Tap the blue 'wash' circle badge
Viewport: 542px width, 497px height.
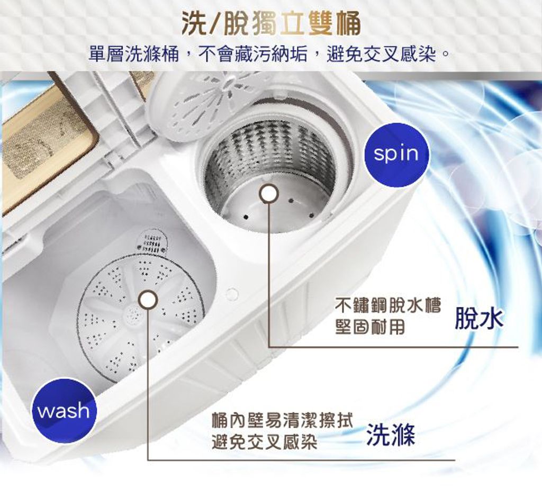[64, 411]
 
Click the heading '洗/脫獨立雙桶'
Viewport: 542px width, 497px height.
[272, 24]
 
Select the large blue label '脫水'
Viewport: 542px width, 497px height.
[478, 319]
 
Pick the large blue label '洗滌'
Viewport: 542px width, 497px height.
[390, 435]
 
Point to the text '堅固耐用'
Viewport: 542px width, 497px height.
[370, 327]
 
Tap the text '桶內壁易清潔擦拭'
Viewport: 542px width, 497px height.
[282, 420]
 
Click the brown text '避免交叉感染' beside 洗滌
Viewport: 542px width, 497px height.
[265, 441]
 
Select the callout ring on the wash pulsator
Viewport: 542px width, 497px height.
[148, 300]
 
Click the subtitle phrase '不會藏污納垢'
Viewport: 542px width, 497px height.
[253, 55]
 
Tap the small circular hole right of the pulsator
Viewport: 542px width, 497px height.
[232, 294]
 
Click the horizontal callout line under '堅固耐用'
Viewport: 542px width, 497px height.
[393, 347]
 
